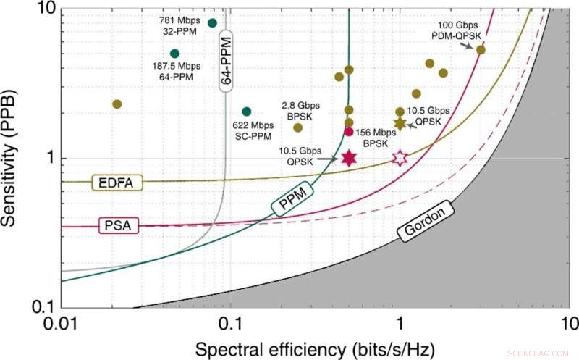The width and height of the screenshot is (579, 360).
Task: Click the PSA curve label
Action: tap(115, 227)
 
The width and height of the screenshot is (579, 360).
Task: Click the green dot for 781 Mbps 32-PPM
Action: tap(212, 22)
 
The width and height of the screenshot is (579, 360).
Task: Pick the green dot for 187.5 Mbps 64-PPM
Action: tap(174, 54)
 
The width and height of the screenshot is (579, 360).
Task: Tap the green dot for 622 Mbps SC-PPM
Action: tap(247, 112)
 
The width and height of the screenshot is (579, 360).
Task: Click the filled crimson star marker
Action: tap(350, 158)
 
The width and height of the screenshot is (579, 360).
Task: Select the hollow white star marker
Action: tap(400, 158)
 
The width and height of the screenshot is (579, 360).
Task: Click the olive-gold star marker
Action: tap(400, 124)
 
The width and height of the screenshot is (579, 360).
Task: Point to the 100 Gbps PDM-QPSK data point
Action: tap(481, 50)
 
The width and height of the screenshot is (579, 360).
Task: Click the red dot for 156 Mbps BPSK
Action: tap(349, 132)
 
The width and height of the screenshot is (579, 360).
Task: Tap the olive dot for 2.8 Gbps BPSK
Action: tap(297, 127)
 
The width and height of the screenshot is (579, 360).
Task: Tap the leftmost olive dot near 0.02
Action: tap(117, 104)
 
